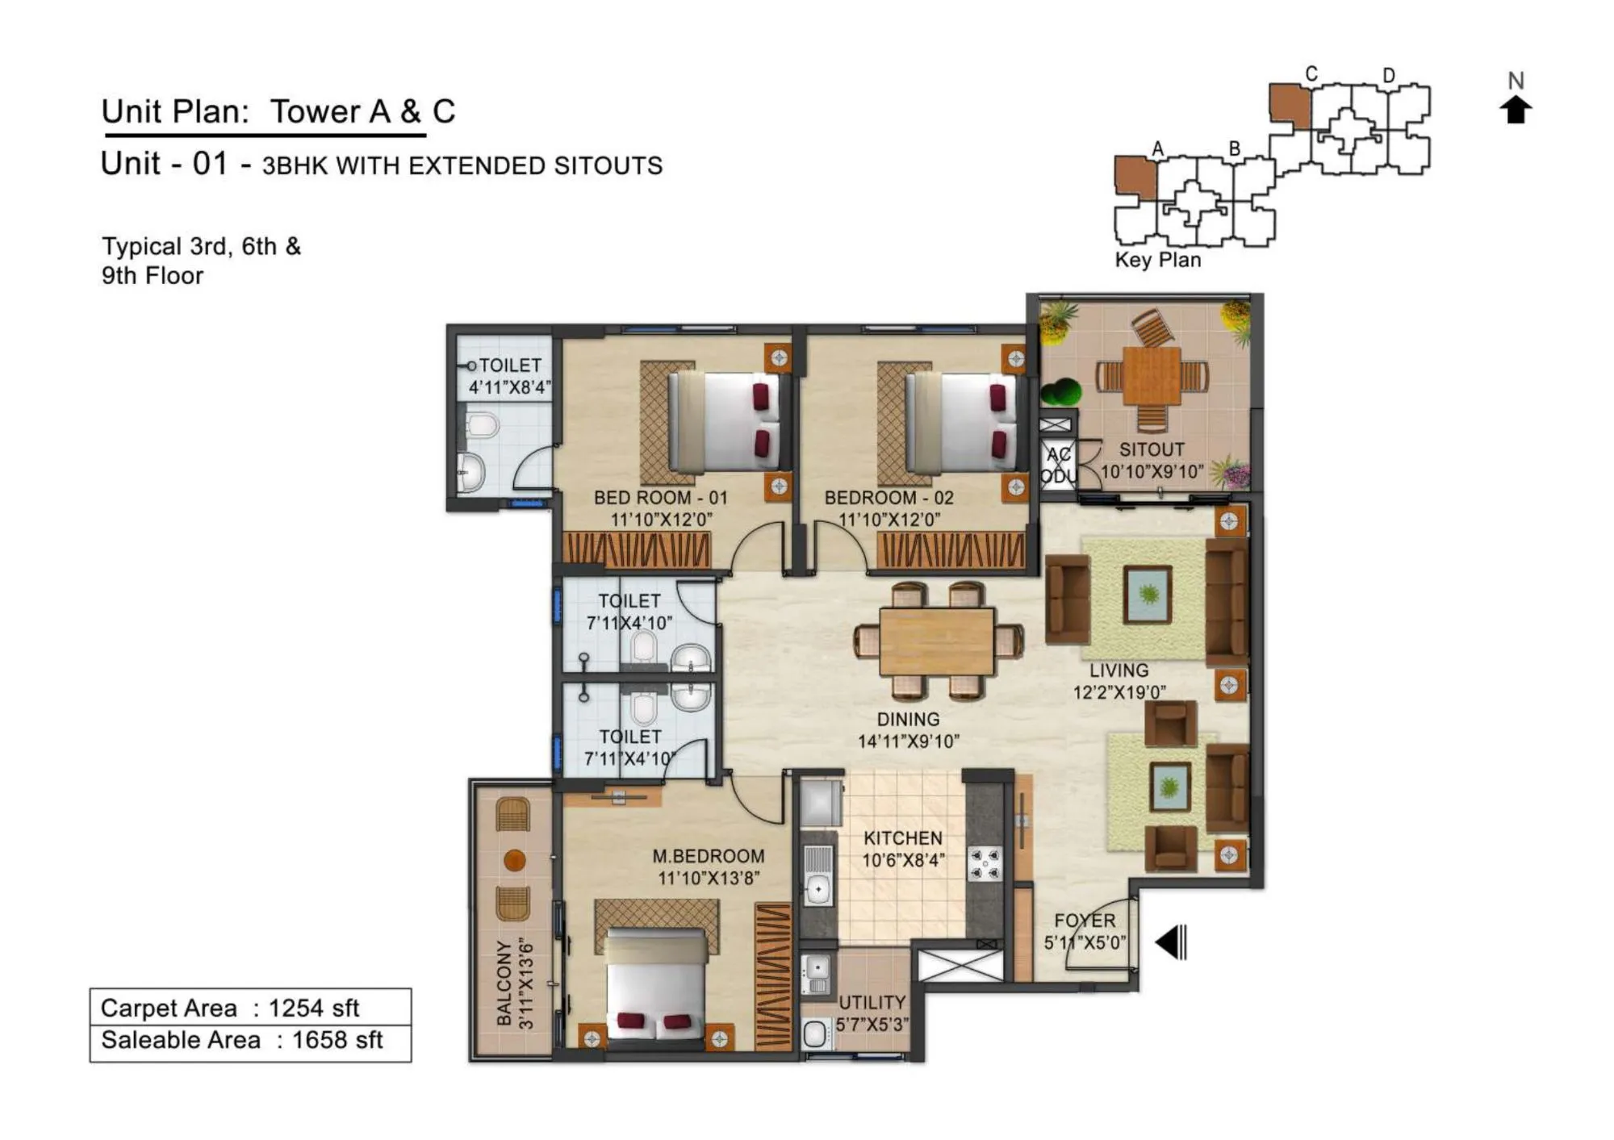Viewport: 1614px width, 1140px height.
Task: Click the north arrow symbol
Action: (x=1516, y=109)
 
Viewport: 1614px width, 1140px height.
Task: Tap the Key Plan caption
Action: (x=1157, y=260)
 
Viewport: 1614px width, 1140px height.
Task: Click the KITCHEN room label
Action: (x=902, y=838)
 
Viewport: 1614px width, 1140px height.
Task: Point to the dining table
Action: (x=936, y=641)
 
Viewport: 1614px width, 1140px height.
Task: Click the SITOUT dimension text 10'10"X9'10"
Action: (x=1152, y=471)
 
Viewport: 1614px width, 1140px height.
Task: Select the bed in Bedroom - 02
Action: (x=960, y=422)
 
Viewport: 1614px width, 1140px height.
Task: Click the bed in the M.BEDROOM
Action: (x=656, y=988)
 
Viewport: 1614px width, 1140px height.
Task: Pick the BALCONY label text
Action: (x=504, y=983)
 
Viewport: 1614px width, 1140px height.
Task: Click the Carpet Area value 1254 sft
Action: (x=313, y=1008)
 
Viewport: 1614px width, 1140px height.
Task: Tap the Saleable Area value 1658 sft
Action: (x=337, y=1040)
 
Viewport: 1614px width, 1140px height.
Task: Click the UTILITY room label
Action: (x=872, y=1002)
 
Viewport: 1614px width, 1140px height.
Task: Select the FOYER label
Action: (x=1085, y=921)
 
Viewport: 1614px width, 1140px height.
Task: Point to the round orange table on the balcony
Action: (x=514, y=860)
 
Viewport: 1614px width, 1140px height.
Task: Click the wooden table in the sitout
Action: (x=1152, y=376)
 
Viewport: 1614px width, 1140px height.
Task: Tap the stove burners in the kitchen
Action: (x=985, y=863)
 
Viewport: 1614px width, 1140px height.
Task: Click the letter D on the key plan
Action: (x=1388, y=75)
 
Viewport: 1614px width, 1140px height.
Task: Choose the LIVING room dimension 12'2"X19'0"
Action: (x=1119, y=692)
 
